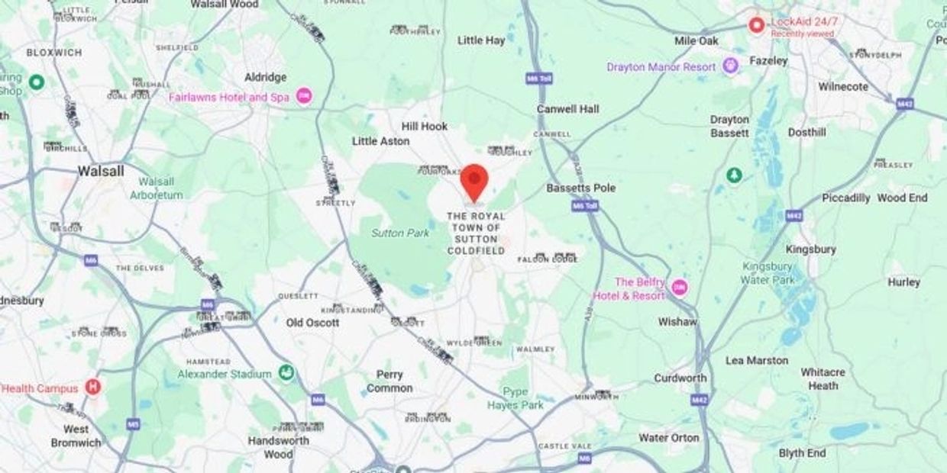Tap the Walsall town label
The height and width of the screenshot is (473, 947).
coord(101,171)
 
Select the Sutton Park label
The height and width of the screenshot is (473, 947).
coord(400,233)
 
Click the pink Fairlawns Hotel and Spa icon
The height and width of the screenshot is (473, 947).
coord(305,97)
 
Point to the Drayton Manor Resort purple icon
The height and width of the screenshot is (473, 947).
coord(731,66)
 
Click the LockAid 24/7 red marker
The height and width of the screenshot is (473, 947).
coord(757,26)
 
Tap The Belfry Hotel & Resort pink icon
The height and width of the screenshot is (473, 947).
coord(679,288)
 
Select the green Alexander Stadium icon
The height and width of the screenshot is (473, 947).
coord(287,374)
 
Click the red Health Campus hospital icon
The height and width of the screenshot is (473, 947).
coord(93,387)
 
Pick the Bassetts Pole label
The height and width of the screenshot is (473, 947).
coord(580,188)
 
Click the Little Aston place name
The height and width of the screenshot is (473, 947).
coord(380,141)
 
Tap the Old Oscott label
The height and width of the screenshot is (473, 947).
coord(312,323)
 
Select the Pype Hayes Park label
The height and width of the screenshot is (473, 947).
coord(516,398)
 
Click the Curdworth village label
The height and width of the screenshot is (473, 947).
coord(680,378)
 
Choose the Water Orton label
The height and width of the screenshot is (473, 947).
coord(668,437)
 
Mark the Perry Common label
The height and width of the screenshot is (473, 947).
coord(389,381)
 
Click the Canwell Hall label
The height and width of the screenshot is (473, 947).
coord(567,109)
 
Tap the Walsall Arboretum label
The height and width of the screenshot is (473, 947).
coord(161,188)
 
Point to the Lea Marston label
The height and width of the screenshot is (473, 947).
coord(756,360)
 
